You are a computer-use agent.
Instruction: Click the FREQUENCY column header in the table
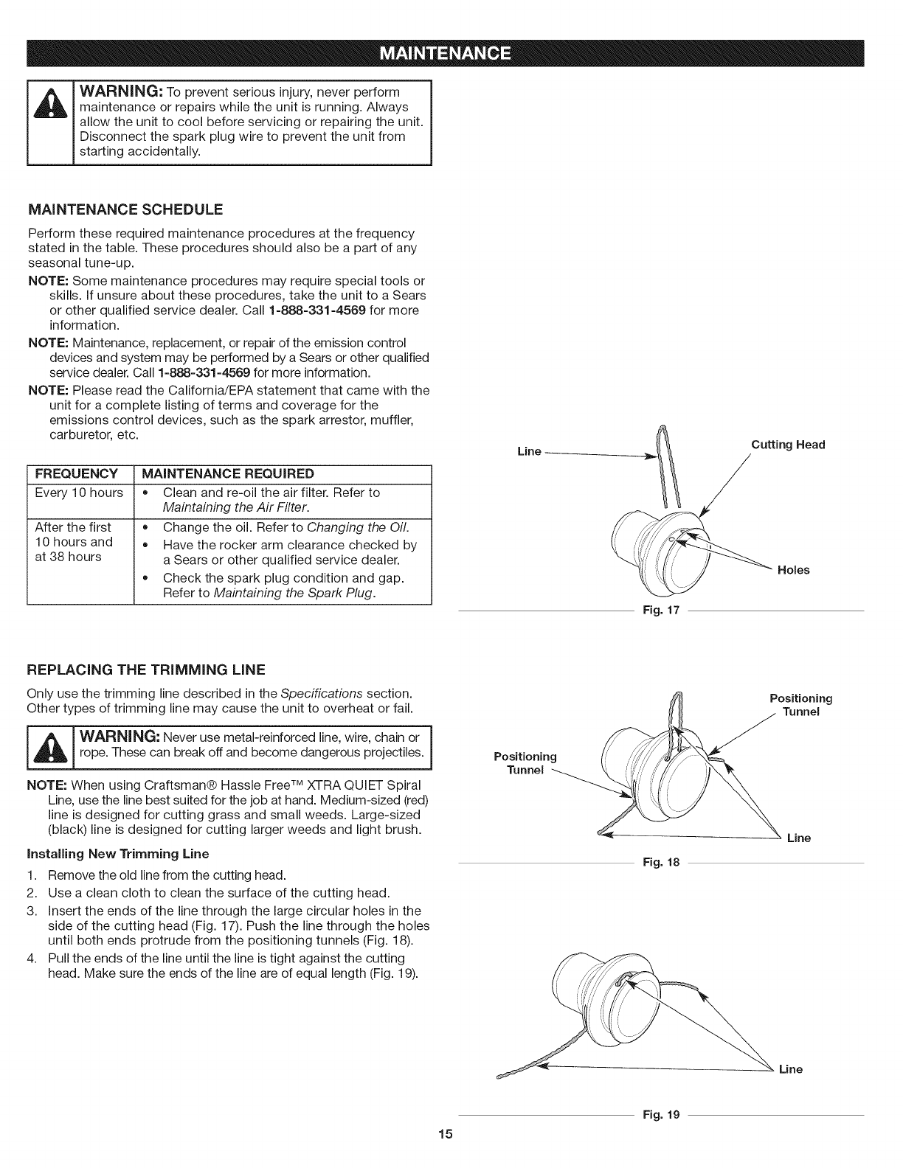(76, 473)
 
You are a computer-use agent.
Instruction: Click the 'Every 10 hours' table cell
(79, 492)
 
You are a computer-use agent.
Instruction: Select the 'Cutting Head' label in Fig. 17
(788, 445)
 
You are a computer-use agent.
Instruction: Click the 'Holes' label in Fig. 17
(794, 570)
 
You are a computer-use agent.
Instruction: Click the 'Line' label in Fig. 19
(791, 1069)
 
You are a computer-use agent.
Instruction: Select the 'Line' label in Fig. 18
(799, 838)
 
